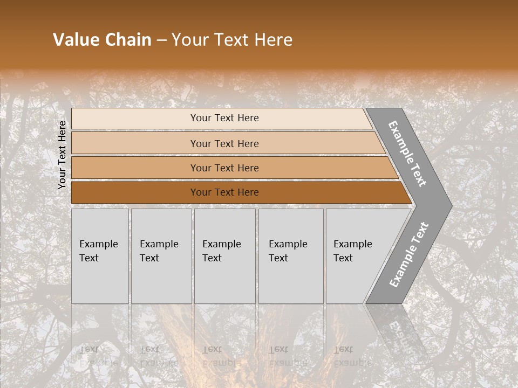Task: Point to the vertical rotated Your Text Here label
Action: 62,155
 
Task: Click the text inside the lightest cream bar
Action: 224,118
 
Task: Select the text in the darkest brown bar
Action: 224,192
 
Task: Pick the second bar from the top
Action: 224,143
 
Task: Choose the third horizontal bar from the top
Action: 224,168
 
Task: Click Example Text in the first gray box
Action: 98,251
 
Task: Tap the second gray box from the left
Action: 161,256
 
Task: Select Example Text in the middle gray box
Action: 221,251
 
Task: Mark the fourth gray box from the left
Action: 291,256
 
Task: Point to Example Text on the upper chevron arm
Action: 407,154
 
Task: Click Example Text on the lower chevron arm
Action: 409,255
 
